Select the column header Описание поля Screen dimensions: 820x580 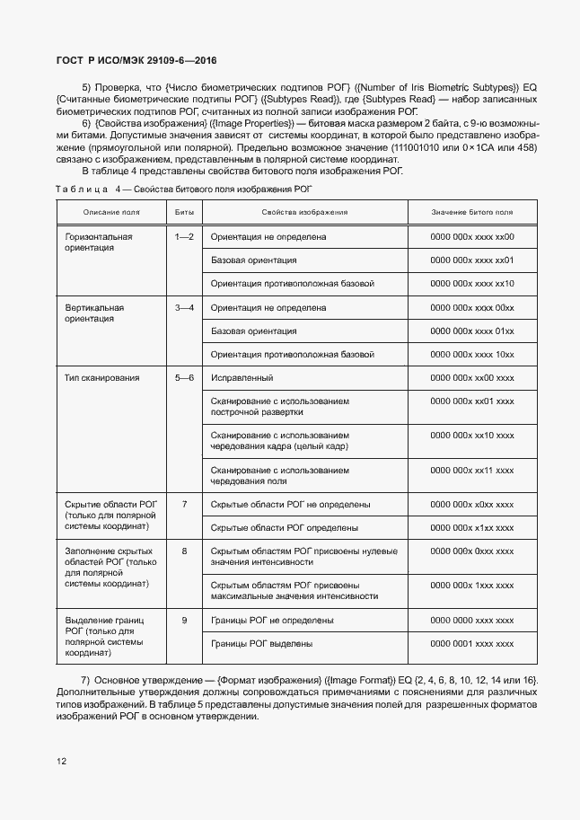tap(111, 212)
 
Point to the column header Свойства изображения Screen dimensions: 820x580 tap(304, 212)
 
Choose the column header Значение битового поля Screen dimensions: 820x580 tap(472, 212)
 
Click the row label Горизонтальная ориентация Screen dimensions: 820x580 tap(99, 242)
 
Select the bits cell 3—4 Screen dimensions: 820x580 tap(184, 307)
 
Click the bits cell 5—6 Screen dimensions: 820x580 tap(184, 378)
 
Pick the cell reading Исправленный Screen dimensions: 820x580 tap(242, 378)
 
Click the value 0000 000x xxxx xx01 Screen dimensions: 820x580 tap(472, 260)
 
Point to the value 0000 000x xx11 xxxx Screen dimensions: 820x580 tap(472, 470)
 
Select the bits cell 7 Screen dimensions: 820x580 tap(184, 505)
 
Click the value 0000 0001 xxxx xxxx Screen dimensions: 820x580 tap(472, 644)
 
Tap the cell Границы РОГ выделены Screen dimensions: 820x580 tap(261, 644)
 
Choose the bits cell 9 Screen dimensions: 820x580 tap(184, 621)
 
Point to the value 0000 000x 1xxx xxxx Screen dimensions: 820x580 tap(472, 586)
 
